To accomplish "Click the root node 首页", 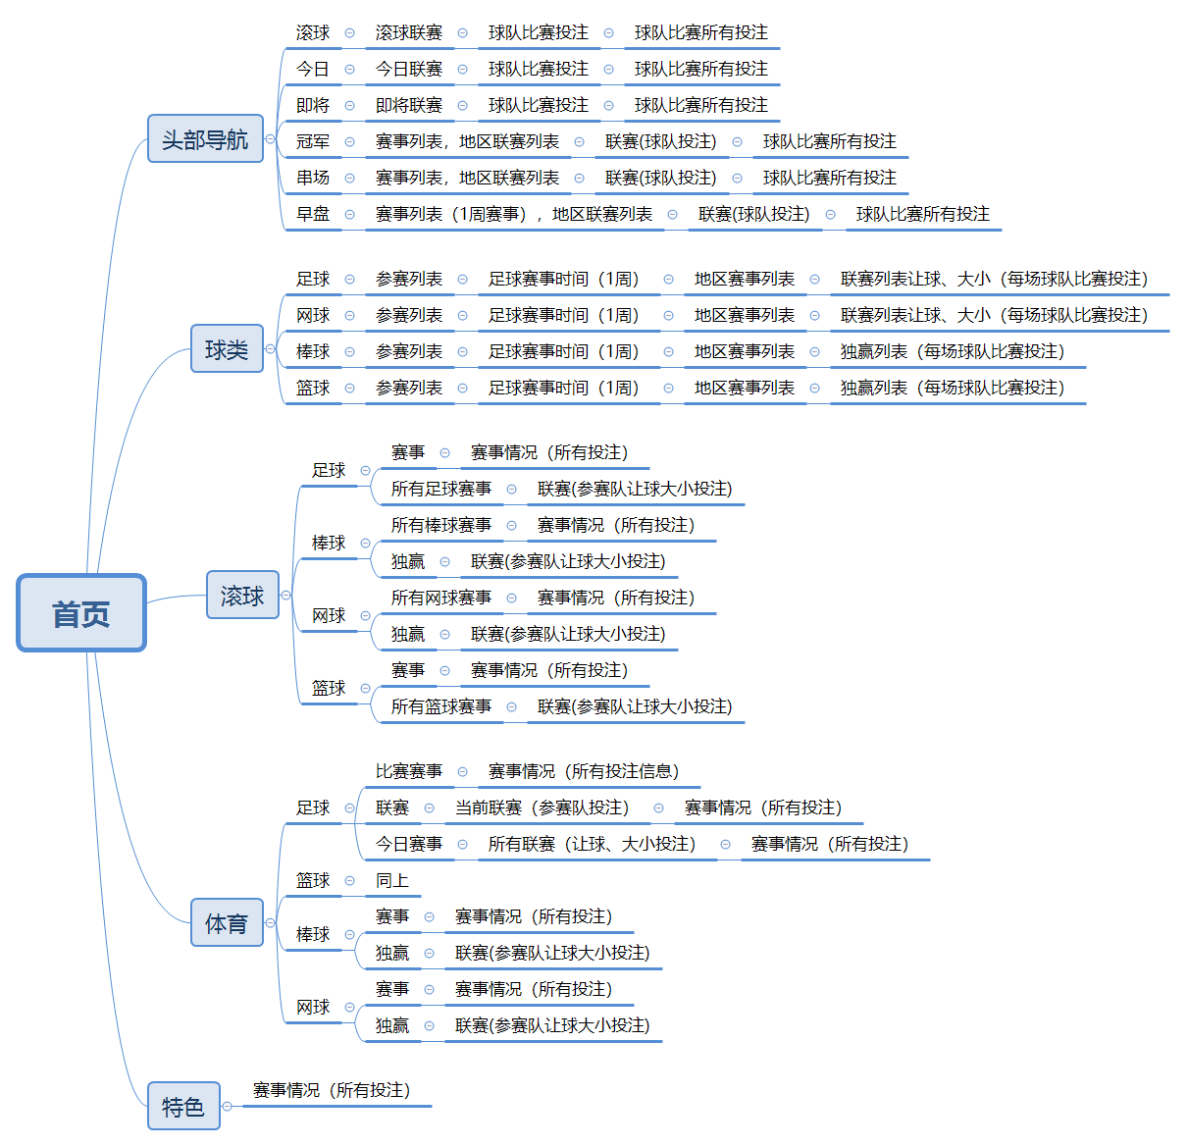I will (81, 613).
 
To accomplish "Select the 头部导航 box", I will (205, 139).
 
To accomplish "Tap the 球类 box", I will (227, 349).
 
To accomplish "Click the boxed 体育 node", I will (227, 923).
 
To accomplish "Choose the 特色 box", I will (183, 1107).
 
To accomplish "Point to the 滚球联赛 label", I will (409, 33).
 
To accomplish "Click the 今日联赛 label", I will (409, 70).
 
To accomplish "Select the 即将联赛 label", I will (409, 106).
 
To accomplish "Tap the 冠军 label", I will (313, 142).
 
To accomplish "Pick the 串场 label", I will (313, 179).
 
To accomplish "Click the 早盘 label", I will (313, 215).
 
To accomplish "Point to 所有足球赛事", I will (441, 489).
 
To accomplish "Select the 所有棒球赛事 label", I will (441, 525).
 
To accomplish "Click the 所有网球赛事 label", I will (441, 598).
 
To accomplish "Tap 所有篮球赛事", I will (441, 706).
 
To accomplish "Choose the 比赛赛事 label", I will (409, 772).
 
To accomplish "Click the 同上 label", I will (392, 881).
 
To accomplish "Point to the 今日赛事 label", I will (409, 845).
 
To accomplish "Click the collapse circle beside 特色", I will (228, 1107).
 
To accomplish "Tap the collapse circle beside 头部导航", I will (270, 139).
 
